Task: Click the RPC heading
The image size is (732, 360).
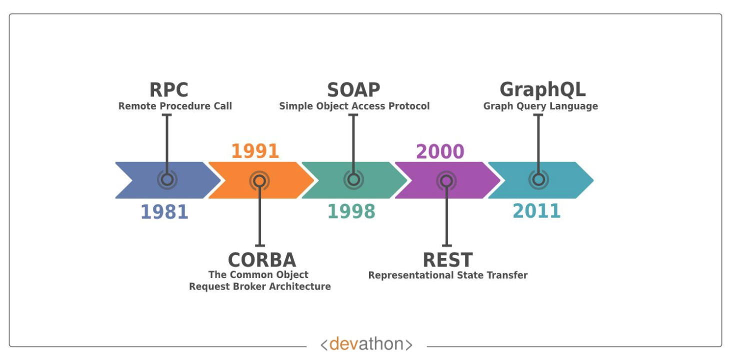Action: tap(169, 90)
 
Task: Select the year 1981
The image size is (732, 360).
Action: tap(164, 212)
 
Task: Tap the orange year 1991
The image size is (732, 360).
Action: tap(255, 151)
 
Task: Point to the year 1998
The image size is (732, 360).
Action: tap(351, 212)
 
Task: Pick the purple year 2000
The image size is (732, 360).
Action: tap(440, 151)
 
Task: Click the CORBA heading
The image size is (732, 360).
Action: tap(262, 260)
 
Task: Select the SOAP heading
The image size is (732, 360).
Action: tap(353, 90)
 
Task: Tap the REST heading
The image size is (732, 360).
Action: tap(447, 260)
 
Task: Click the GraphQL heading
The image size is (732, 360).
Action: tap(542, 90)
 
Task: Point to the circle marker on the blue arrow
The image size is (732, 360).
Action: tap(167, 179)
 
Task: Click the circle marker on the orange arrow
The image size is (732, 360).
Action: tap(259, 180)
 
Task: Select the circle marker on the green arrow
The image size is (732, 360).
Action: tap(353, 179)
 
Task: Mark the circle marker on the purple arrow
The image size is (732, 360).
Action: tap(446, 180)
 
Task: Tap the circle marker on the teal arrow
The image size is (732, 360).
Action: tap(538, 179)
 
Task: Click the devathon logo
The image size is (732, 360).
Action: tap(366, 344)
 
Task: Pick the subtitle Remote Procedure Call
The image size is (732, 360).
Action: tap(175, 106)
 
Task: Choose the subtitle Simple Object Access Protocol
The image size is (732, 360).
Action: tap(354, 106)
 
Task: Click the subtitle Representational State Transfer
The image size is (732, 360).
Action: tap(448, 275)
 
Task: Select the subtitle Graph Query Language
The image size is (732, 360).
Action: tap(540, 106)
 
